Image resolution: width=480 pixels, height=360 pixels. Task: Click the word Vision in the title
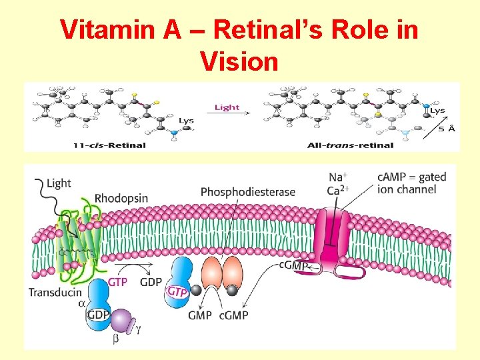pyautogui.click(x=238, y=61)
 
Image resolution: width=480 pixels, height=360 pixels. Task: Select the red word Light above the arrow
pyautogui.click(x=227, y=107)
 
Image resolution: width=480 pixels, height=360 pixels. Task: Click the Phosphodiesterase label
pyautogui.click(x=247, y=192)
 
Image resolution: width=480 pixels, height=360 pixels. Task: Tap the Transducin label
pyautogui.click(x=55, y=292)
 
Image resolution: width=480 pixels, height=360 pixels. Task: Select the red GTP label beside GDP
pyautogui.click(x=117, y=282)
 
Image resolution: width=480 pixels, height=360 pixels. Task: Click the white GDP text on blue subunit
pyautogui.click(x=97, y=315)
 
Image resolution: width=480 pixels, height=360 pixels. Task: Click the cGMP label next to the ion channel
pyautogui.click(x=294, y=266)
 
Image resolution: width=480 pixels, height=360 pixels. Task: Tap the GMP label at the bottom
pyautogui.click(x=199, y=315)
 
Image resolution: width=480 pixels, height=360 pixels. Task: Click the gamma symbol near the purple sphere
pyautogui.click(x=139, y=327)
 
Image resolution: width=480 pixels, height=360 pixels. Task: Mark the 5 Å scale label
pyautogui.click(x=447, y=128)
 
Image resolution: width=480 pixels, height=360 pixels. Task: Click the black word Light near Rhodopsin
pyautogui.click(x=59, y=183)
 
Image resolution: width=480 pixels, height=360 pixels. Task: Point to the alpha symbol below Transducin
pyautogui.click(x=81, y=304)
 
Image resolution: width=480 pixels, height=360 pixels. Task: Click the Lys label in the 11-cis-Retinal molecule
pyautogui.click(x=186, y=121)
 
